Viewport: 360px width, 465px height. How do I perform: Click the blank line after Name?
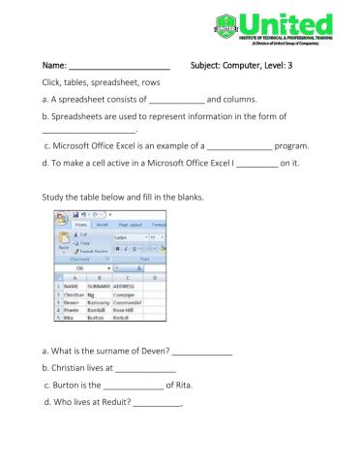click(x=120, y=68)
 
